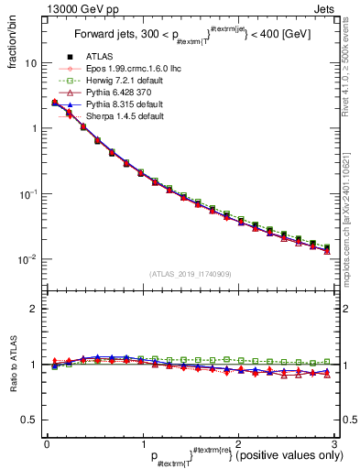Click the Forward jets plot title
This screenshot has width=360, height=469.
point(191,38)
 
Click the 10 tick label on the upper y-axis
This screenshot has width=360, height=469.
point(30,64)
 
